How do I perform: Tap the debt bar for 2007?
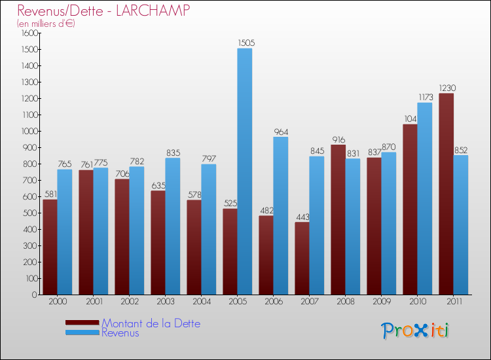tap(302, 259)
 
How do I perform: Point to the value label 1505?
tap(247, 43)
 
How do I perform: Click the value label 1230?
tap(447, 88)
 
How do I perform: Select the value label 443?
tap(302, 217)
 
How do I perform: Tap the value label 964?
tap(282, 132)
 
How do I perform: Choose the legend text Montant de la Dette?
tap(151, 323)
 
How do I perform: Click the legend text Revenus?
tap(120, 333)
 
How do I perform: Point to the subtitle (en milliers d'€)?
tap(46, 24)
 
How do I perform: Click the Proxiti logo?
tap(415, 331)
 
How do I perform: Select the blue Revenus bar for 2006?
tap(280, 215)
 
